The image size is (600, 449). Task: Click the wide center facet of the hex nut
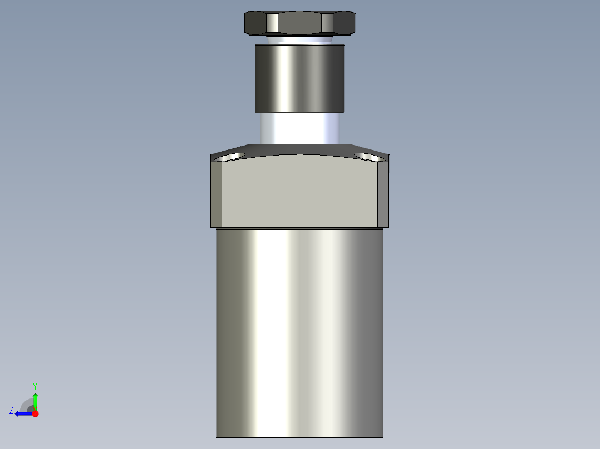pos(299,23)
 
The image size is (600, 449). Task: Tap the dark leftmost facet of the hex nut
pos(255,23)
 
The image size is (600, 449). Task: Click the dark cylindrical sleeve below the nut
pos(299,78)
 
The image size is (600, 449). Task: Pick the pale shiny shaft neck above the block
pos(299,128)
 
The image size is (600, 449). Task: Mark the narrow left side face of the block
pos(217,194)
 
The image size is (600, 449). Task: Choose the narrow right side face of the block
pos(383,194)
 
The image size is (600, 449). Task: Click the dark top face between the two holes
pos(299,149)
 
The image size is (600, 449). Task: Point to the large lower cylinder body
pos(299,333)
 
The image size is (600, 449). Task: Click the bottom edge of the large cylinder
pos(299,437)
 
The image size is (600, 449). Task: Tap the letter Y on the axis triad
pos(35,386)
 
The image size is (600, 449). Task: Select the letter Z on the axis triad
pos(11,410)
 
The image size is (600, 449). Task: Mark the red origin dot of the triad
pos(35,413)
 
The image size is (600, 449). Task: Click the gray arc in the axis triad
pos(26,404)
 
